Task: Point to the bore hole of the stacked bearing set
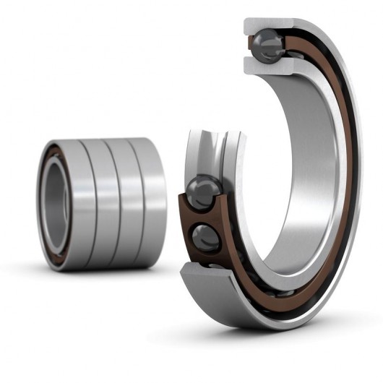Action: pyautogui.click(x=54, y=203)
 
